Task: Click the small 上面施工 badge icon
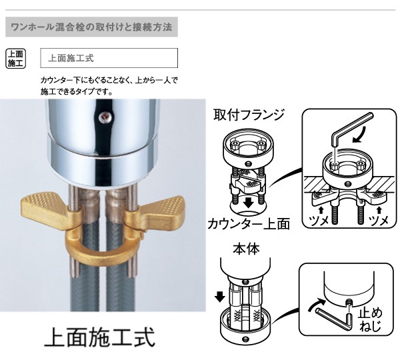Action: (15, 58)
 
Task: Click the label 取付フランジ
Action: (248, 115)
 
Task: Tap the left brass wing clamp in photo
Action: (50, 204)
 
